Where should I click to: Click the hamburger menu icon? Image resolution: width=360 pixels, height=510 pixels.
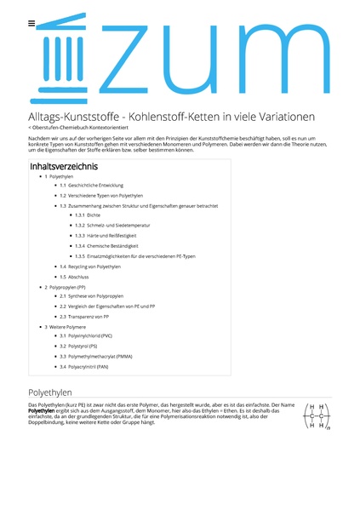pos(31,23)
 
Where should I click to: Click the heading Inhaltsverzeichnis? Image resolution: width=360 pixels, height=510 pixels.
pos(63,166)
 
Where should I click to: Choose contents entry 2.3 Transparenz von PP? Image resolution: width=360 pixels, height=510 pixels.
pos(84,317)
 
